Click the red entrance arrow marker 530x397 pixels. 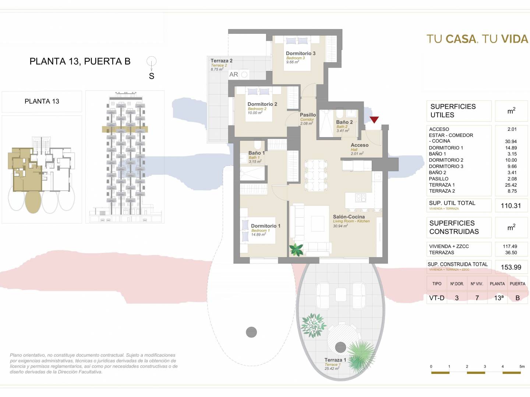point(374,119)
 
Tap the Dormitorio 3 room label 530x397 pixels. point(301,53)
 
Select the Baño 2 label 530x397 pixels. point(344,122)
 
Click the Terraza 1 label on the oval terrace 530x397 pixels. point(335,360)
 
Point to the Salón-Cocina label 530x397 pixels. point(349,217)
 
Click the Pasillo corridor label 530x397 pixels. point(308,115)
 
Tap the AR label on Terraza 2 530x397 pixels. point(233,75)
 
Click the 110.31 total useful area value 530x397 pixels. point(511,205)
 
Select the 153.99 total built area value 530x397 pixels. point(511,267)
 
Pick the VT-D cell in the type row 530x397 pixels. point(437,298)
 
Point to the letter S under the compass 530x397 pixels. point(151,76)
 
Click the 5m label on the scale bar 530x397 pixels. point(522,366)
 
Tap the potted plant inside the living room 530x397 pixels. point(296,250)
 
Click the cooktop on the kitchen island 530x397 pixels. point(361,198)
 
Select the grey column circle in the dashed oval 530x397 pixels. point(251,332)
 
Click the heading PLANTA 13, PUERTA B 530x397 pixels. point(80,61)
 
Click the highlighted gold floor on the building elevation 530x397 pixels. point(125,129)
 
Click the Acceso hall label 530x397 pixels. point(360,145)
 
